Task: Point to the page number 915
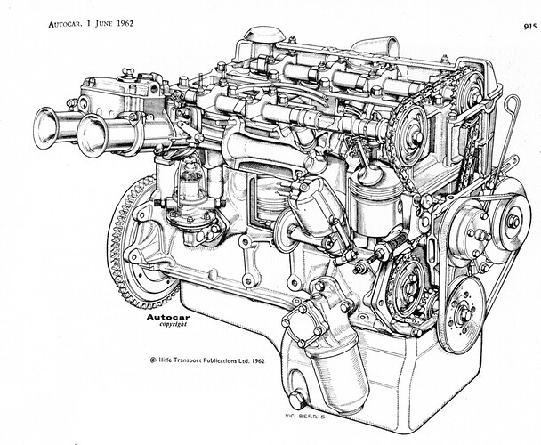[529, 26]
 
